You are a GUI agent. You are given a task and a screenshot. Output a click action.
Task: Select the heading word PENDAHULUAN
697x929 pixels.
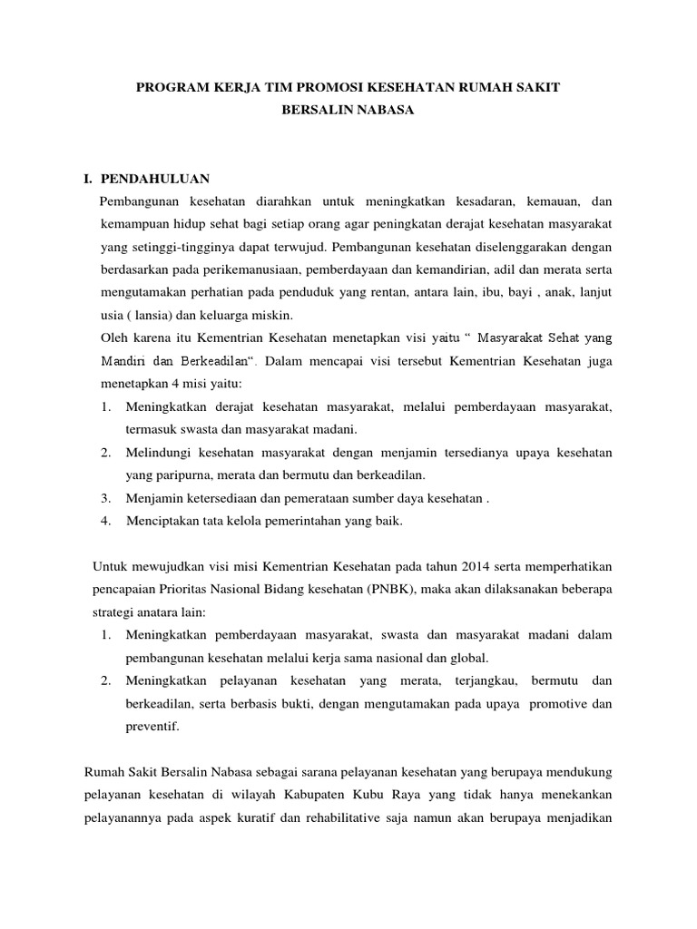156,179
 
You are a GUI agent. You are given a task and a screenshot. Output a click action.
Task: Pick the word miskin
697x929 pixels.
272,315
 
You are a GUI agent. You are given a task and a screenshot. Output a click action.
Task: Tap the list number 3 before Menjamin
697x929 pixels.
105,497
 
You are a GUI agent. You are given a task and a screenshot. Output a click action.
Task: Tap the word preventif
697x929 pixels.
152,726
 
